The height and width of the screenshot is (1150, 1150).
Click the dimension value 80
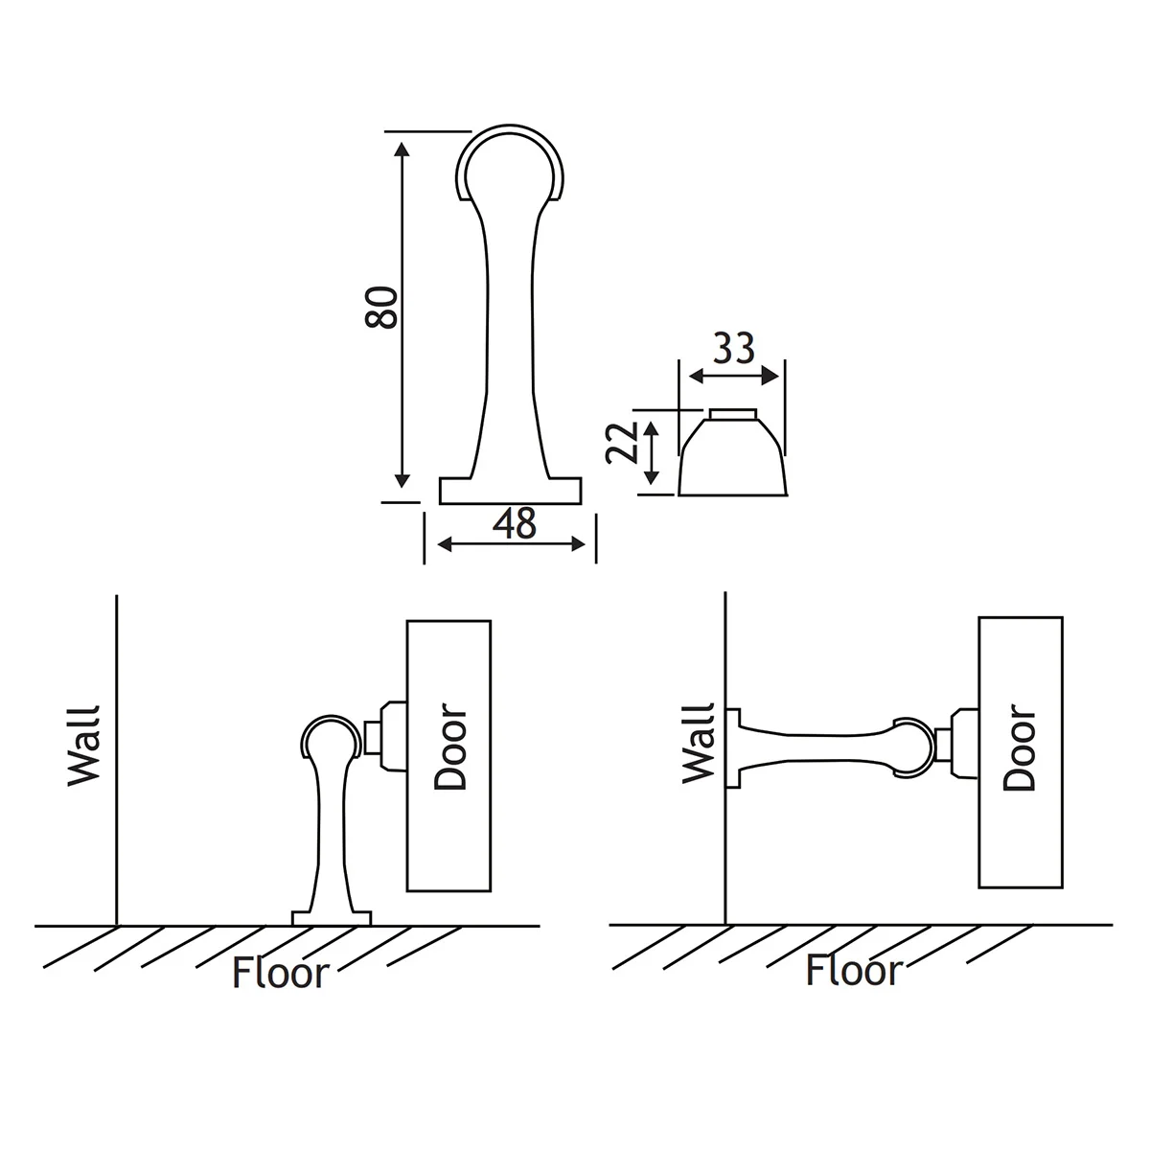(380, 308)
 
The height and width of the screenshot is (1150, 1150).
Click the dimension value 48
(515, 523)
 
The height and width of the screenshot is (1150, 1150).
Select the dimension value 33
(733, 348)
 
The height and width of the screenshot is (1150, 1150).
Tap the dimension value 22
(621, 442)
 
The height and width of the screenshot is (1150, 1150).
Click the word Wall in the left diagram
(83, 746)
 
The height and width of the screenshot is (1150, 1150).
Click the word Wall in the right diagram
(699, 744)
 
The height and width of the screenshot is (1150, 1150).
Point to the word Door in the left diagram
(449, 747)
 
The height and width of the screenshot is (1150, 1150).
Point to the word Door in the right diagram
(1020, 747)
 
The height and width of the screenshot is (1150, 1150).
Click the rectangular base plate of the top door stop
(510, 491)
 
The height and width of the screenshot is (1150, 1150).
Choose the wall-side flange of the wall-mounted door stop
(733, 748)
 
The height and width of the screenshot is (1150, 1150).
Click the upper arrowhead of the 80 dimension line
(402, 149)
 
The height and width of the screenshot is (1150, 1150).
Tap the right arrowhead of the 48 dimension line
(578, 543)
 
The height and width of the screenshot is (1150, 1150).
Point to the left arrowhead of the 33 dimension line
(697, 377)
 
